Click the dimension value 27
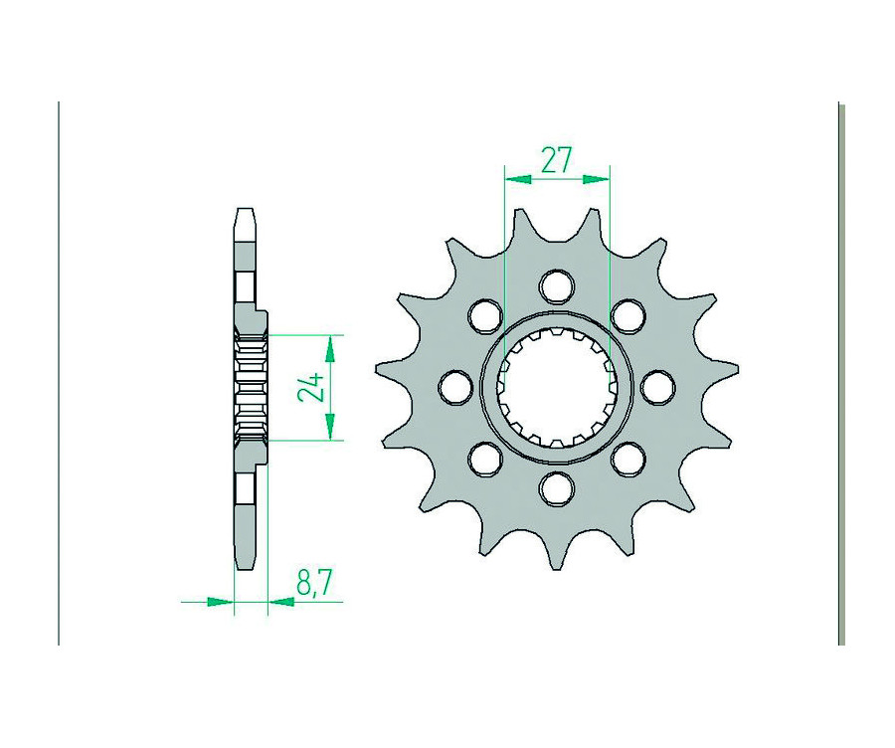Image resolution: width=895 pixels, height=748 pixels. coord(556,158)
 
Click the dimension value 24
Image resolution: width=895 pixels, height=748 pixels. coord(311,387)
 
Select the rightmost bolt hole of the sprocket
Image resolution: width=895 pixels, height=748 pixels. coord(658,387)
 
